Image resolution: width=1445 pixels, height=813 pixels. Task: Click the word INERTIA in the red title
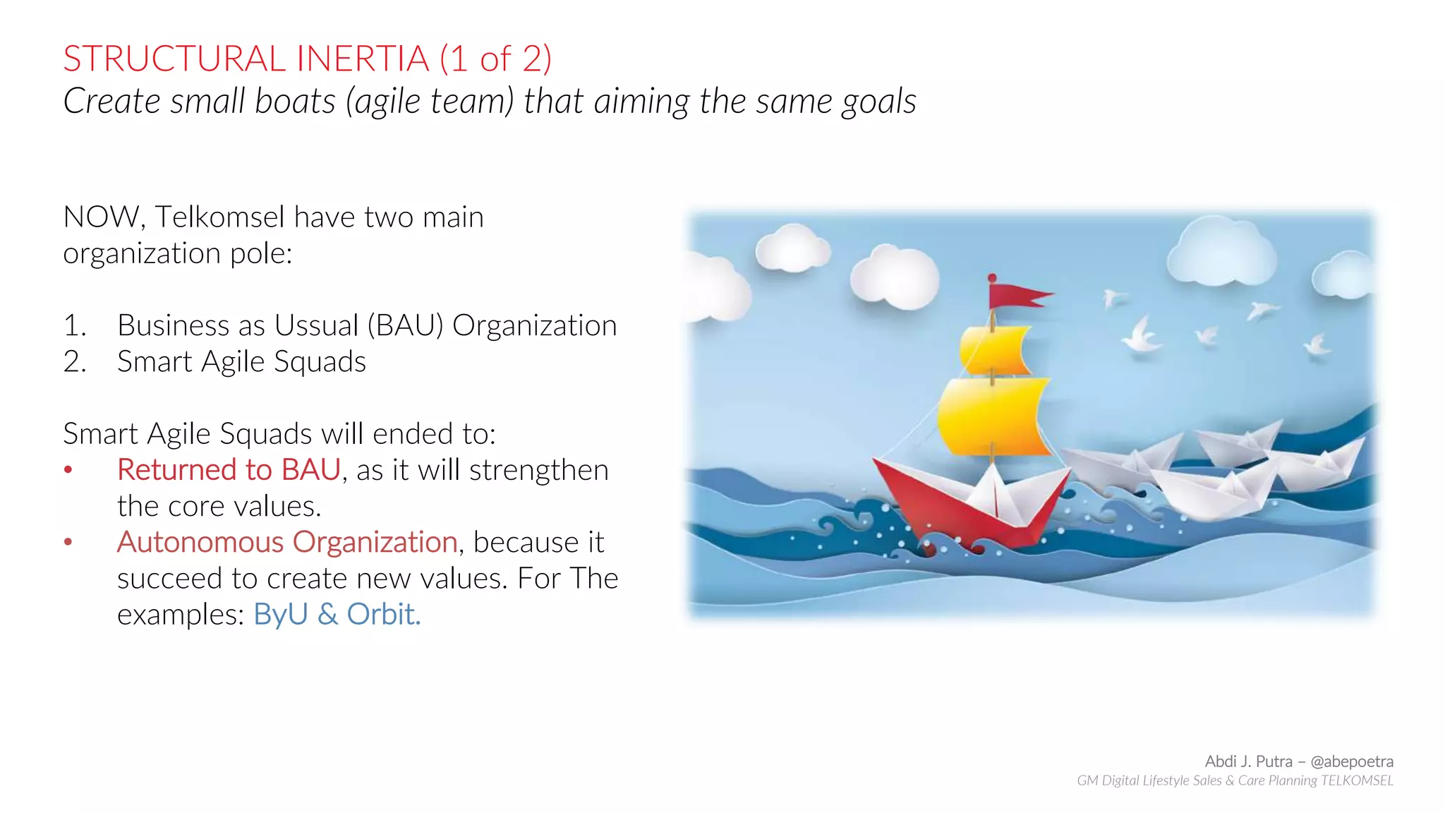tap(363, 59)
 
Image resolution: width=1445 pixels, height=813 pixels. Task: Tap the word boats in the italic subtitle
tap(295, 101)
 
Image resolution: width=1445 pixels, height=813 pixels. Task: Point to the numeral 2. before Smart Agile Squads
tap(74, 362)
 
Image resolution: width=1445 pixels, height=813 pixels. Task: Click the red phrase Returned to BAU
tap(229, 470)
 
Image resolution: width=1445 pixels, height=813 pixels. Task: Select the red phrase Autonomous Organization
tap(287, 542)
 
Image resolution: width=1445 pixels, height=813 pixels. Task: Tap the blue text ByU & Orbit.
tap(337, 615)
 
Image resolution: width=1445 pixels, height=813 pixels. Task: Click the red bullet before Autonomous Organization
tap(68, 542)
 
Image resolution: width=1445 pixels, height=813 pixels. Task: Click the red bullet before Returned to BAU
tap(68, 470)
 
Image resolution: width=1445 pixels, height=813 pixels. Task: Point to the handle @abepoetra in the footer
tap(1351, 761)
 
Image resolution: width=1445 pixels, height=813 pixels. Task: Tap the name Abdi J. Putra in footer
tap(1248, 761)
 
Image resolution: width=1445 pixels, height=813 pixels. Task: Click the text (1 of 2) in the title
tap(495, 59)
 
